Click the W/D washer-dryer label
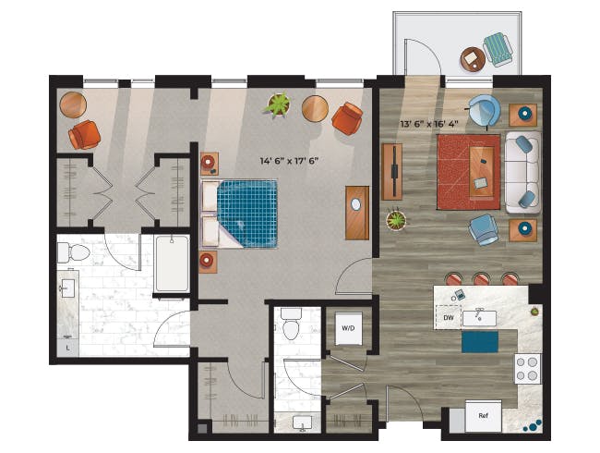tap(348, 328)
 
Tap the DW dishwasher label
tap(449, 318)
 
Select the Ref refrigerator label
tap(484, 416)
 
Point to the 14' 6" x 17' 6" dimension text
tap(289, 161)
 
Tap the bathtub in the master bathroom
tap(172, 263)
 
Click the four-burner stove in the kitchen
tap(527, 369)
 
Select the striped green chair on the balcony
tap(498, 50)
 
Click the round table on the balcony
tap(473, 60)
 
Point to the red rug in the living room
tap(469, 172)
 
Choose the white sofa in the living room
tap(523, 173)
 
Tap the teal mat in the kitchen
tap(480, 342)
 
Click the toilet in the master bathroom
tap(74, 252)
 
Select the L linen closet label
tap(67, 349)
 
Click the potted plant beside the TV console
tap(396, 221)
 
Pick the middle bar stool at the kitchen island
tap(481, 278)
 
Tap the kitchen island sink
tap(479, 318)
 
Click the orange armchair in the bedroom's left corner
tap(85, 135)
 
